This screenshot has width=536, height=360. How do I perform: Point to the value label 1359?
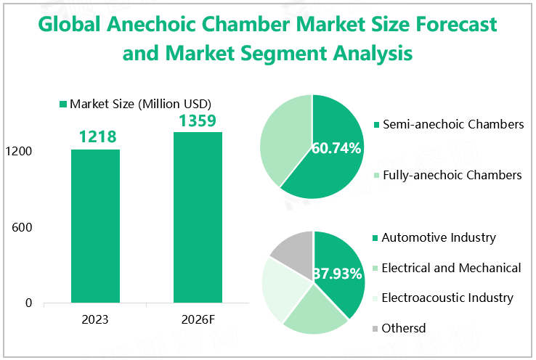198,119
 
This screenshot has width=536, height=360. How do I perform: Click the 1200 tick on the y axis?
20,152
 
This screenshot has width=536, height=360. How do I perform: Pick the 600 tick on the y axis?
23,227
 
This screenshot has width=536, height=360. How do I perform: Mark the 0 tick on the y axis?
28,303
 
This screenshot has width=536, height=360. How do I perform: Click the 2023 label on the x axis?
95,321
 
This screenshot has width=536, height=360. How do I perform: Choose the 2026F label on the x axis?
198,321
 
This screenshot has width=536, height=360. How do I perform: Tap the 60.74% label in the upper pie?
336,149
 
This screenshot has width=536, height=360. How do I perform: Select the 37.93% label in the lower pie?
338,274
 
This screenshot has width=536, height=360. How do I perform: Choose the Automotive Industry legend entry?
439,237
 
